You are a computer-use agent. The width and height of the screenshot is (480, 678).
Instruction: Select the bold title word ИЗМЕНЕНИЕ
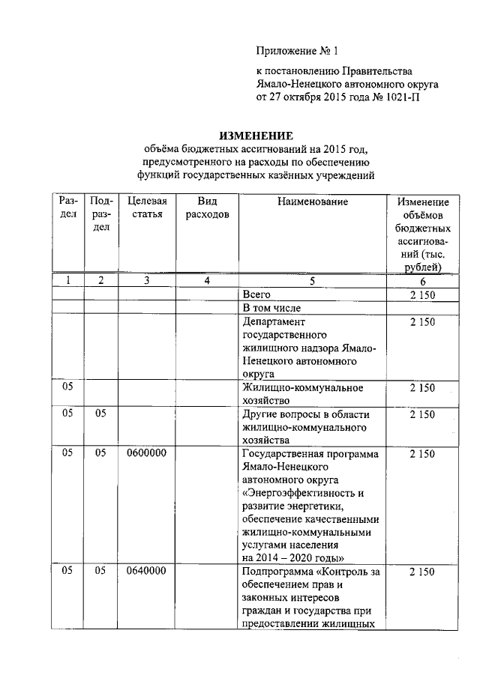(255, 136)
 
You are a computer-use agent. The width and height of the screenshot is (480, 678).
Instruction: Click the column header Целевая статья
(147, 208)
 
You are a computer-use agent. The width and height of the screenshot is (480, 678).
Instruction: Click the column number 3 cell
(147, 281)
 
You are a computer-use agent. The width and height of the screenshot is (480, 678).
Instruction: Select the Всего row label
(256, 294)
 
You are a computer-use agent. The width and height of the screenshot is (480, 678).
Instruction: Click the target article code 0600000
(147, 453)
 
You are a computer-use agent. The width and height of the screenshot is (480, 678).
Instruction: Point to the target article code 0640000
(147, 572)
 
